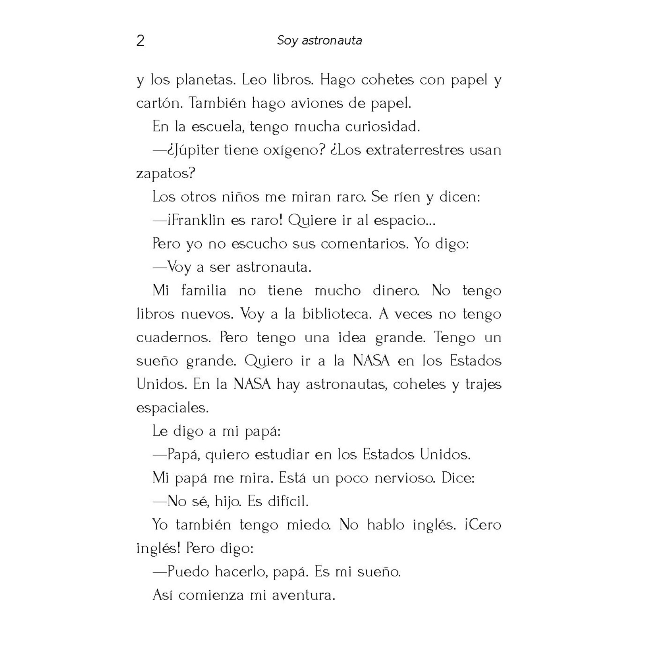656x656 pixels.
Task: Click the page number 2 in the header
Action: click(140, 41)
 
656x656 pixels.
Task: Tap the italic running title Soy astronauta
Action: click(319, 41)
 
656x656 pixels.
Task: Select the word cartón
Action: click(159, 104)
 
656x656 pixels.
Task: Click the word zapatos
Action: click(166, 174)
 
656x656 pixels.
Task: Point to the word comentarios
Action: click(364, 244)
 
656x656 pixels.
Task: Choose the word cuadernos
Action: click(173, 338)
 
